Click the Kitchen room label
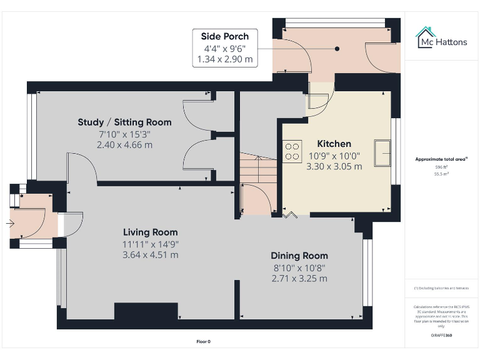tap(334, 144)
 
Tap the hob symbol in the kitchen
tap(292, 151)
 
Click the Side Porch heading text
tap(224, 36)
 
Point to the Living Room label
tap(150, 232)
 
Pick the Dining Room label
tap(299, 256)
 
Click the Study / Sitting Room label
tap(124, 122)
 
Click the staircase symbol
tap(259, 169)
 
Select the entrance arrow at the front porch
tap(11, 222)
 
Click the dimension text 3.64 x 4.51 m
tap(150, 255)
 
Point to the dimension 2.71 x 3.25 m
tap(299, 279)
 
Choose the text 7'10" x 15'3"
tap(124, 134)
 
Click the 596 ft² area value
tap(442, 167)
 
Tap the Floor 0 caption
tap(204, 341)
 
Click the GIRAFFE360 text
tap(442, 336)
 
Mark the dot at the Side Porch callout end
tap(337, 48)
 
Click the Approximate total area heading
tap(442, 159)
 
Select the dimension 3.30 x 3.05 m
tap(334, 167)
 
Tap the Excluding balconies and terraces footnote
tap(442, 288)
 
